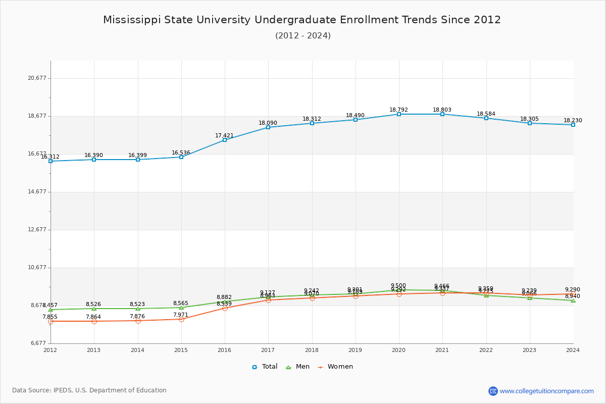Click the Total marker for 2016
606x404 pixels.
225,140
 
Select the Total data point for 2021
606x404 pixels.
442,114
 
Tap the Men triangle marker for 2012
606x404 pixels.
50,310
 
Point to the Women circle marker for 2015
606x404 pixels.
181,319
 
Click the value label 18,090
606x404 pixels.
268,123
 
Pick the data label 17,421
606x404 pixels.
224,136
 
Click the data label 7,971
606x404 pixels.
180,315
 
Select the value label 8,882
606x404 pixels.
224,297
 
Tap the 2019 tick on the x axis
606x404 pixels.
355,350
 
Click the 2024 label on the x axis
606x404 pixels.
573,350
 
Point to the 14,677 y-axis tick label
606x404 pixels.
37,192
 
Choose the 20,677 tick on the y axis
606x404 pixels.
37,78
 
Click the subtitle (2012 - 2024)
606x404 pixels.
303,36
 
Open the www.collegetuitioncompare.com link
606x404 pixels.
546,391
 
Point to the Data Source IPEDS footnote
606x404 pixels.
89,390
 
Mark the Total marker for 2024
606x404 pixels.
573,125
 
